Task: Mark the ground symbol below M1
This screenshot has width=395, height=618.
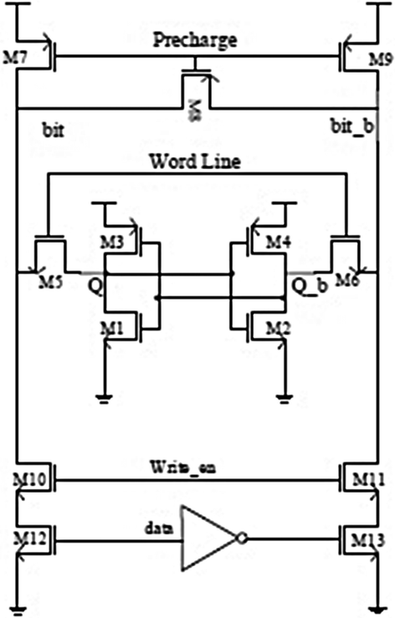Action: click(105, 396)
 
